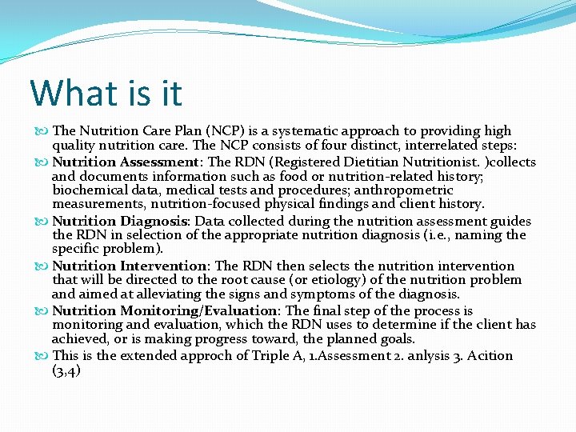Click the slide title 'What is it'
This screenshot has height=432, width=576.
pyautogui.click(x=106, y=93)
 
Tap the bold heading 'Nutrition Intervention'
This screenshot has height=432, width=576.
pyautogui.click(x=130, y=266)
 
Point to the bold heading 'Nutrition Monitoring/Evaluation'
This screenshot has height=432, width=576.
pyautogui.click(x=164, y=310)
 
